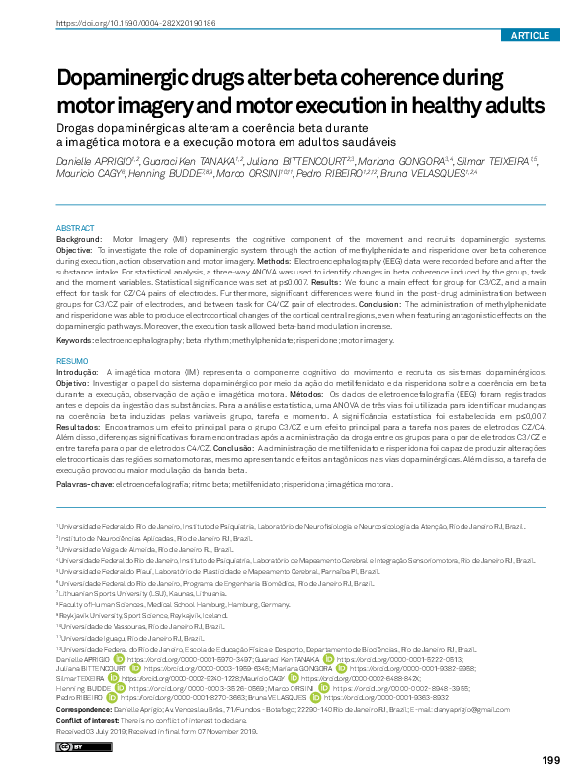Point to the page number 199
[551, 759]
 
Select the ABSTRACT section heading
[76, 227]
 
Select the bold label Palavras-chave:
[85, 485]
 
